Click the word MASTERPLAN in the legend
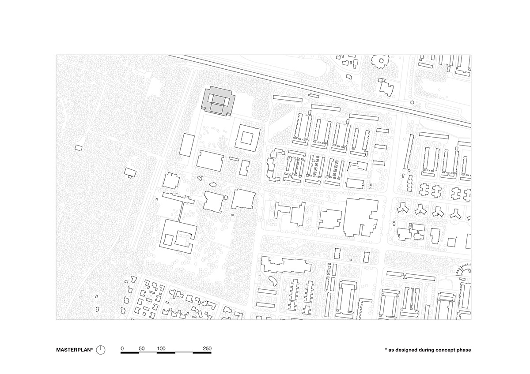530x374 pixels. click(x=73, y=350)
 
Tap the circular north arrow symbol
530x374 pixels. click(x=101, y=350)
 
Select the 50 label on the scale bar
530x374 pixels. click(x=141, y=348)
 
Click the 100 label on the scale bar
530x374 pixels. click(x=161, y=348)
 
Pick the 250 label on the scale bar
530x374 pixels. click(x=207, y=348)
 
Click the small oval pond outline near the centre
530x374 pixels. click(x=213, y=186)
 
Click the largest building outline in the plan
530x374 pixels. click(x=361, y=217)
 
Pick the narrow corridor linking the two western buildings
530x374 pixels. click(x=181, y=211)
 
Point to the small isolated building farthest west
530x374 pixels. click(x=79, y=148)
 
